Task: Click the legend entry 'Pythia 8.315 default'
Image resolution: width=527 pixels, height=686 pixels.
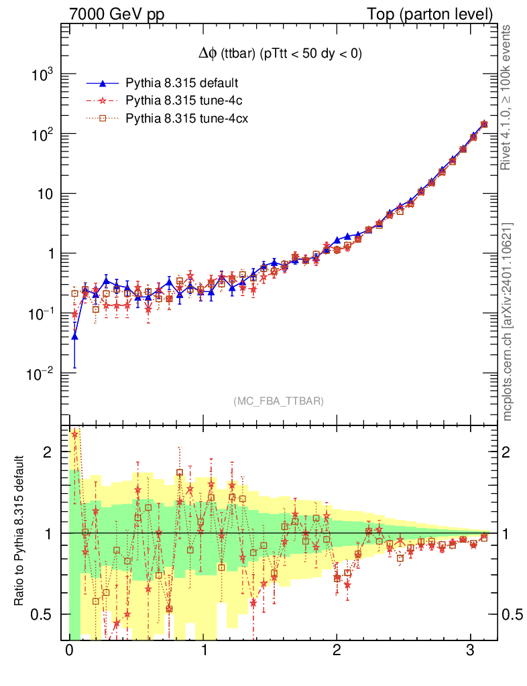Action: coord(182,83)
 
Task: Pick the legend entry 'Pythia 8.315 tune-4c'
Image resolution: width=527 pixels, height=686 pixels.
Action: coord(182,101)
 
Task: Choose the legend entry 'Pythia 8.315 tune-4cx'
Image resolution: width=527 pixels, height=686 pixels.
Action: coord(185,119)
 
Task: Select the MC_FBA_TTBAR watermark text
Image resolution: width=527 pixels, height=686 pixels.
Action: coord(278,401)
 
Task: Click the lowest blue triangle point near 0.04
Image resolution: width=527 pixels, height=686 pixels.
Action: coord(74,336)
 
